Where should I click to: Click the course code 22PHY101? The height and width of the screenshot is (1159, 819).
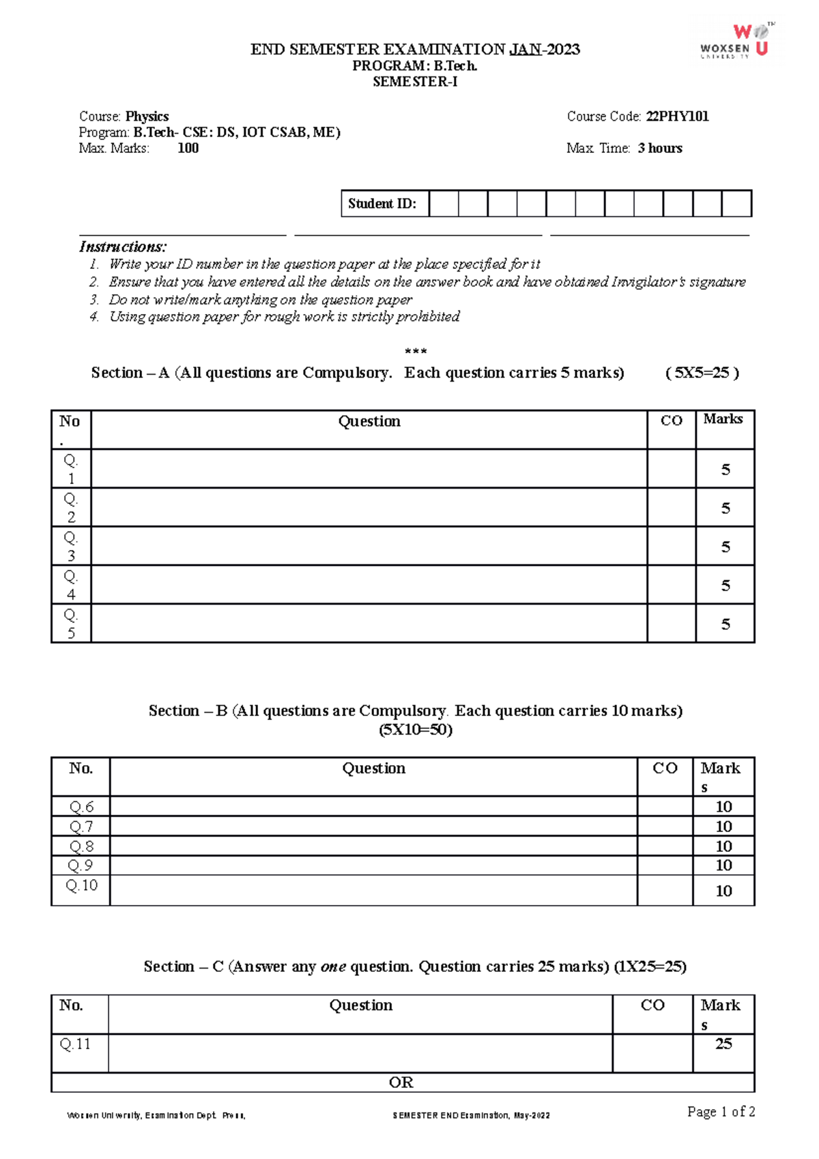[677, 117]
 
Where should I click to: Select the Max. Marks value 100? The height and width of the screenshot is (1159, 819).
[188, 148]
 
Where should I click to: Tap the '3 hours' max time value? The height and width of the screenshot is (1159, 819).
[659, 148]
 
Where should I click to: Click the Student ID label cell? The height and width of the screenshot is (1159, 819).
[384, 203]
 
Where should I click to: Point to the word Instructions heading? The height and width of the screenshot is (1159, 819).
[123, 246]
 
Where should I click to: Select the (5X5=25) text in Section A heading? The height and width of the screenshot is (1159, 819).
[702, 373]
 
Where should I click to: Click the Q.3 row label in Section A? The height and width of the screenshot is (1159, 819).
[71, 546]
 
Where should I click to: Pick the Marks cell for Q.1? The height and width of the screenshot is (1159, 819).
[725, 470]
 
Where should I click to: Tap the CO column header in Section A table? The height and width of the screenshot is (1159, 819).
[672, 421]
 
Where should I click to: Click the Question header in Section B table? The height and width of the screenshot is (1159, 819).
[373, 769]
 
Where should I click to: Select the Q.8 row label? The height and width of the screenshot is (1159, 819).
[81, 846]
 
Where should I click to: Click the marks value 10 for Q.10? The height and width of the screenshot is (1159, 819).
[723, 891]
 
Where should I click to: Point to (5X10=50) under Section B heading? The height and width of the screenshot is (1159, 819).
[415, 730]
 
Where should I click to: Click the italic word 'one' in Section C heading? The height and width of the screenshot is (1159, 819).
[333, 967]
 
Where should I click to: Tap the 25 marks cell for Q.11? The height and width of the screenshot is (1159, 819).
[723, 1044]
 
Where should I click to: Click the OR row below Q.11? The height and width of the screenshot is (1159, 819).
[401, 1083]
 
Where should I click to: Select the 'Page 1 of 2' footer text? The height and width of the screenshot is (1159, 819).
[721, 1112]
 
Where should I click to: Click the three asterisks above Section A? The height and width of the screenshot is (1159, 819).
[416, 352]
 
